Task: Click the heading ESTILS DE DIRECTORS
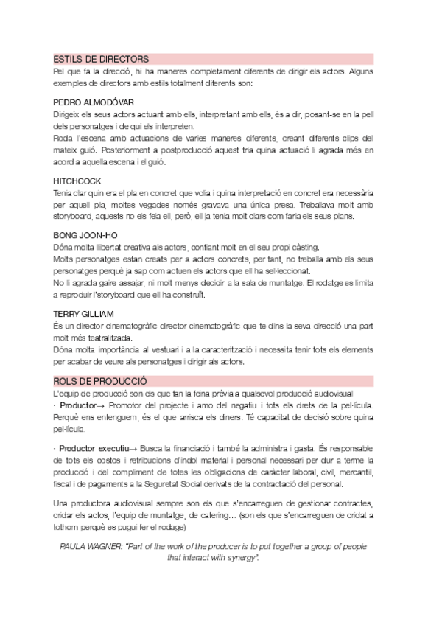[102, 58]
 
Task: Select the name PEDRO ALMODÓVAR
[94, 102]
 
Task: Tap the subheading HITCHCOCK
[77, 180]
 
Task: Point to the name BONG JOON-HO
[86, 235]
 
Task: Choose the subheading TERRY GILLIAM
[83, 313]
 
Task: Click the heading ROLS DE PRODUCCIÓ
[100, 380]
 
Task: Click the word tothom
[70, 528]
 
